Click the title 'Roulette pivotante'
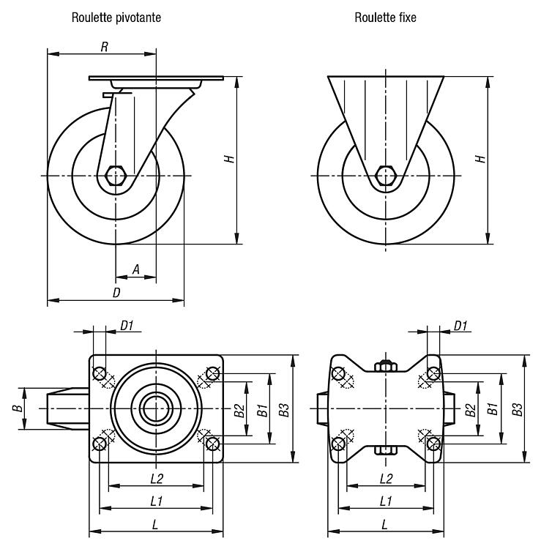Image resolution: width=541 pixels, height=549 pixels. tap(116, 18)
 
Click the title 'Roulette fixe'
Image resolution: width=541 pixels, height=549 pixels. tap(385, 18)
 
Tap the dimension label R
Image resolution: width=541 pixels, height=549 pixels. tap(105, 47)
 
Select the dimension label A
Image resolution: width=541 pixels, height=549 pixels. tap(135, 269)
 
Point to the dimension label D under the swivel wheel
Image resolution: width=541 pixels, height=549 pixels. tap(116, 292)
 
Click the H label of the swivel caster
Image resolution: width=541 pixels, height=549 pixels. tap(229, 158)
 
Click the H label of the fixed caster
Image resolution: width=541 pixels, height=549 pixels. tap(480, 158)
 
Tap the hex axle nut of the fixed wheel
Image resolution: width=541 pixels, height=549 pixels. tap(386, 176)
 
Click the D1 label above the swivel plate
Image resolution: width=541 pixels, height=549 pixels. tap(127, 326)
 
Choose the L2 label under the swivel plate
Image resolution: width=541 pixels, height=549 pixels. tap(156, 479)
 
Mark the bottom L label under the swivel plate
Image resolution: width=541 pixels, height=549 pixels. tap(155, 524)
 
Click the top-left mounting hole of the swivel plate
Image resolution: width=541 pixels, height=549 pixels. tap(100, 374)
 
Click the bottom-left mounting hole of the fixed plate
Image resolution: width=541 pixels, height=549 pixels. tap(339, 443)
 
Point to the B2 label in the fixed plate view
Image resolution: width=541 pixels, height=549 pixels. tap(471, 409)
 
